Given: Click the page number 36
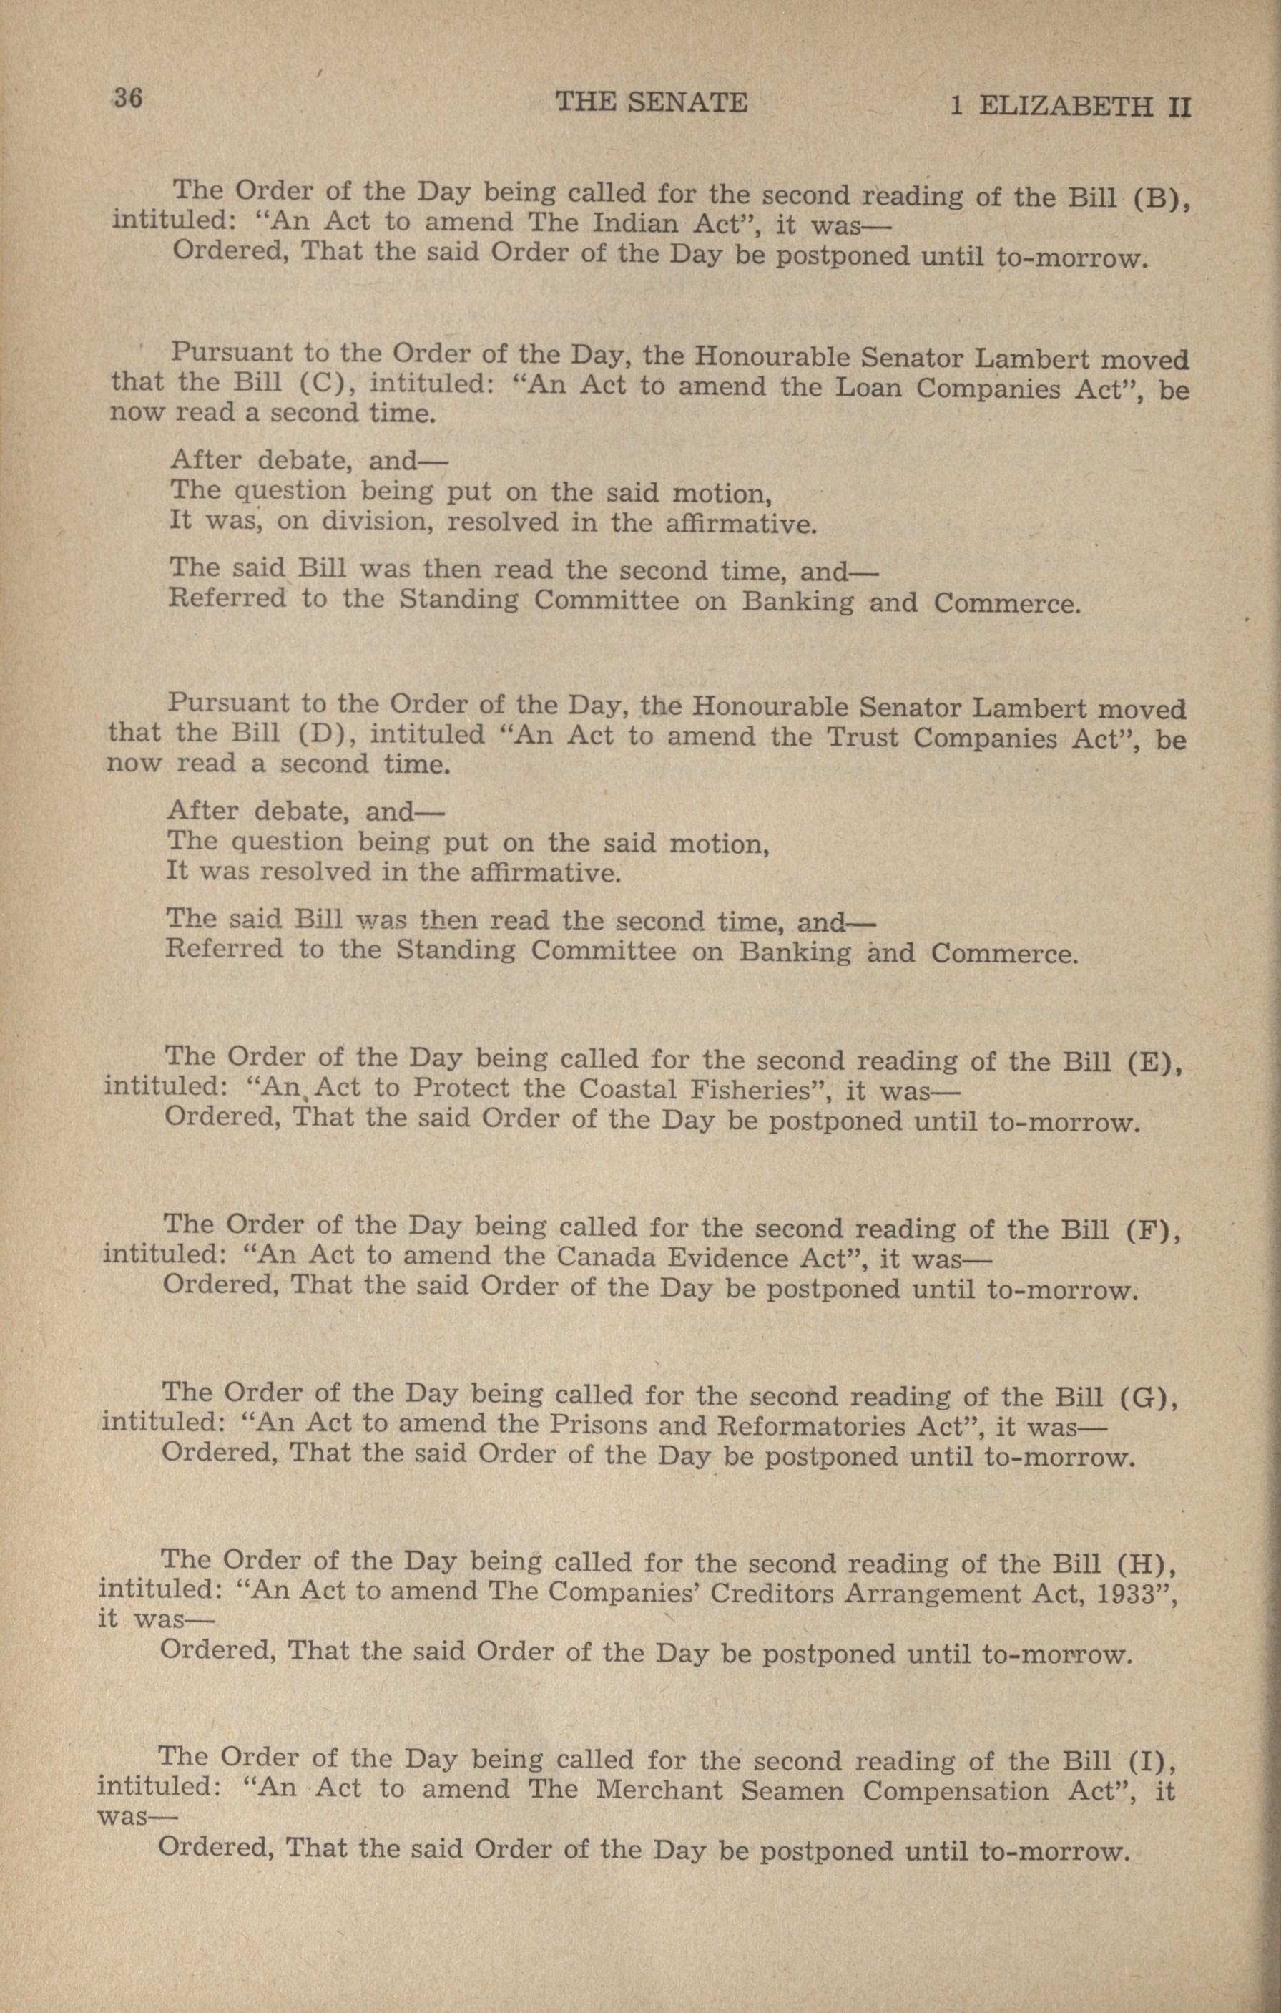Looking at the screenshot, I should point(129,98).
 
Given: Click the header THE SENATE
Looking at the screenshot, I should point(651,103).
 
